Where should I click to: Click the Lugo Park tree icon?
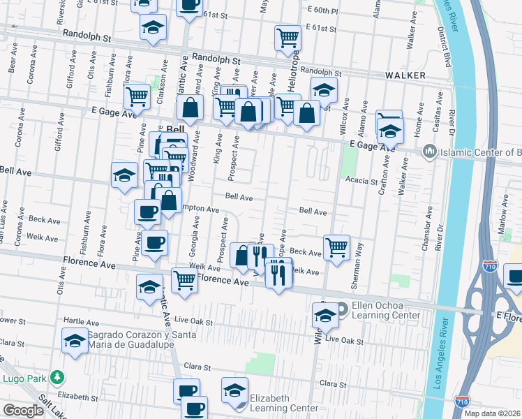point(58,378)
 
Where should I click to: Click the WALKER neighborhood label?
point(404,75)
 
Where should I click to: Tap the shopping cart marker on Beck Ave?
point(336,247)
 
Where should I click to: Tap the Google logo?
point(23,411)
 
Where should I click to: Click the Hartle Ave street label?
point(83,323)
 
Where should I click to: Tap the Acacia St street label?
point(361,179)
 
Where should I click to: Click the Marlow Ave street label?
point(502,209)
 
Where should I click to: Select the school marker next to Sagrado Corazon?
point(74,342)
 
